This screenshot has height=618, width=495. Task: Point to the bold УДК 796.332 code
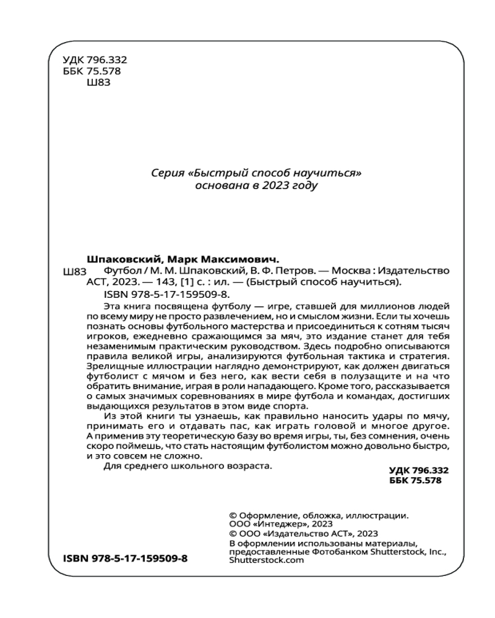click(410, 470)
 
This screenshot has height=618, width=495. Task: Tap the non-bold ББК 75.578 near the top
click(92, 71)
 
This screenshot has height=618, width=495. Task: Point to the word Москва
click(351, 271)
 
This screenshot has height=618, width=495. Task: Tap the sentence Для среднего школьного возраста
click(186, 467)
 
